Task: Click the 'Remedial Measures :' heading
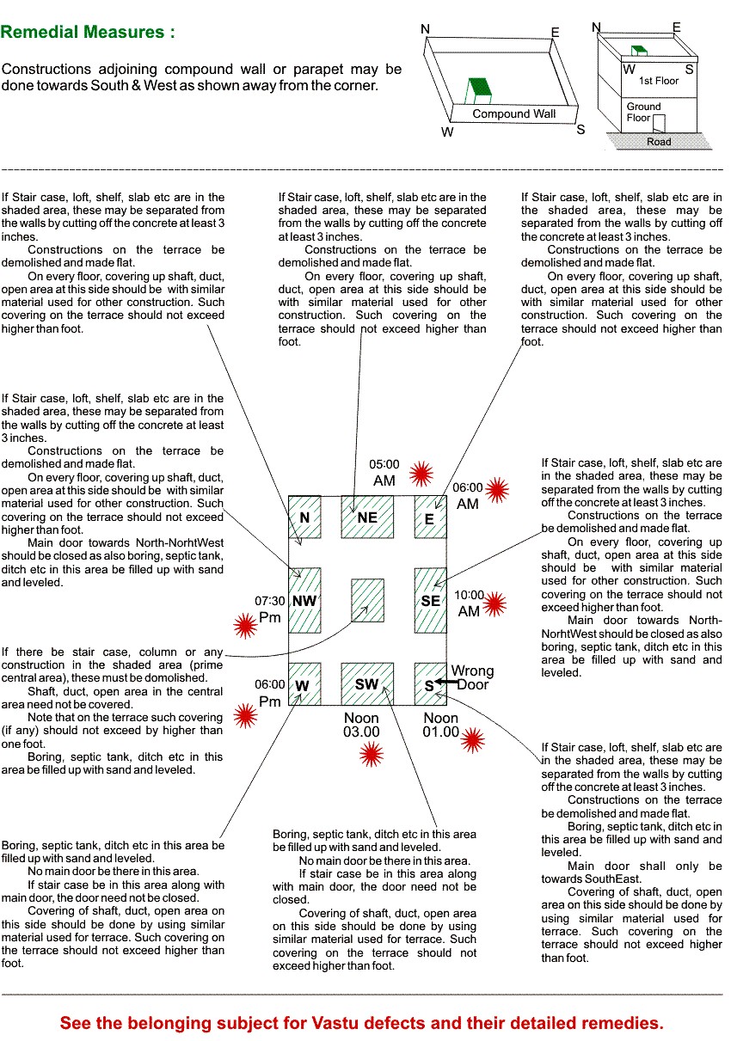click(89, 33)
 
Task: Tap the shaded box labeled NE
click(367, 517)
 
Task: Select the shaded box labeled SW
click(367, 683)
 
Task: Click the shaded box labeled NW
click(304, 600)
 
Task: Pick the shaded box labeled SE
click(430, 600)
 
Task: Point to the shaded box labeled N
click(304, 517)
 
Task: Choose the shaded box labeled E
click(430, 517)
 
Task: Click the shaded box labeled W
click(304, 683)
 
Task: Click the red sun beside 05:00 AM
click(421, 473)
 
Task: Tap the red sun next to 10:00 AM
click(494, 605)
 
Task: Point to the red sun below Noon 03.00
click(371, 755)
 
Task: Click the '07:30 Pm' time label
click(269, 609)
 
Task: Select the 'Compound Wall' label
click(514, 113)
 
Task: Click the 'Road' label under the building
click(659, 142)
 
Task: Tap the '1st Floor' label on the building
click(659, 81)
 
